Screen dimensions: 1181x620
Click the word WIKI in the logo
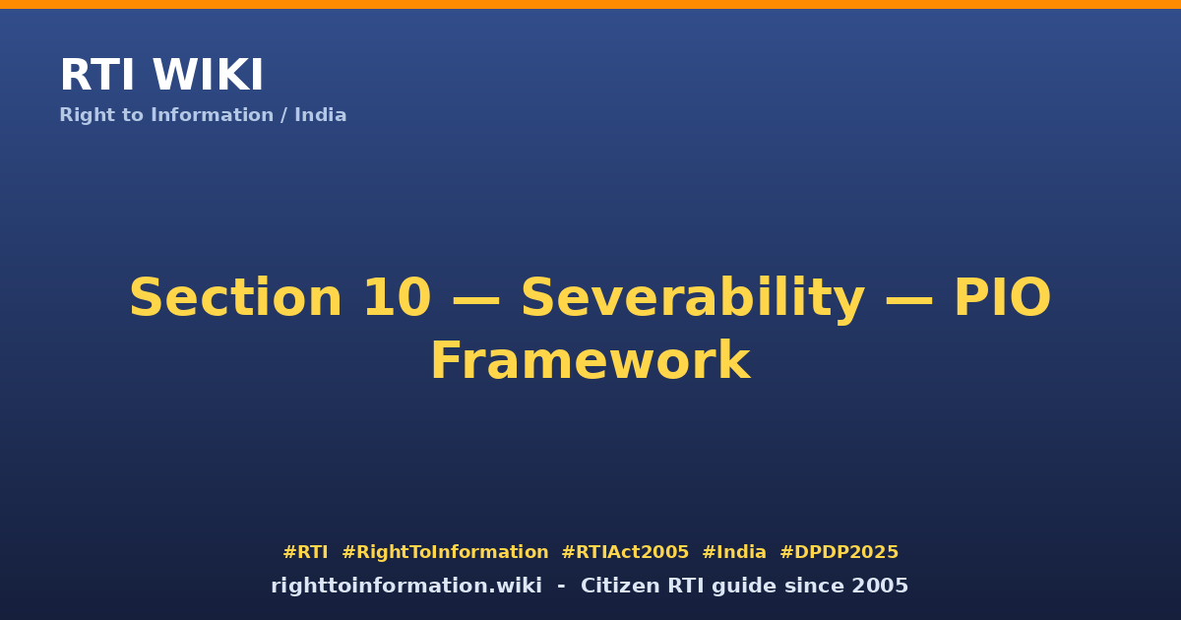coord(208,75)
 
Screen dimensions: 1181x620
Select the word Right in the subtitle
coord(86,115)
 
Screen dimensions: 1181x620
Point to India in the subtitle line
coord(320,115)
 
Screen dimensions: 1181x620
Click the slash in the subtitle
coord(283,115)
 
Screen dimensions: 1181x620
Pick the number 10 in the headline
coord(398,298)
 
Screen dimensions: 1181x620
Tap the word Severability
coord(693,300)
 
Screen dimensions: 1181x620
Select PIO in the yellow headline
coord(1003,298)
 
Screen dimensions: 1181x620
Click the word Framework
coord(590,360)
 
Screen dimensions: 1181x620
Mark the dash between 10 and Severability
coord(476,300)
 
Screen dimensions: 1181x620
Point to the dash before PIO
coord(909,300)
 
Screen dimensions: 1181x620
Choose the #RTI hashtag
coord(305,552)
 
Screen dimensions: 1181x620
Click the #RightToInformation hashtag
coord(445,552)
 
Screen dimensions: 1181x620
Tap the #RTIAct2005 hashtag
coord(625,552)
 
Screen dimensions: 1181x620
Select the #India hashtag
coord(734,552)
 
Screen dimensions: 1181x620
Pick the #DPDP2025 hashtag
coord(839,552)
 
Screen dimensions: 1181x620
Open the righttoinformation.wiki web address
coord(406,587)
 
